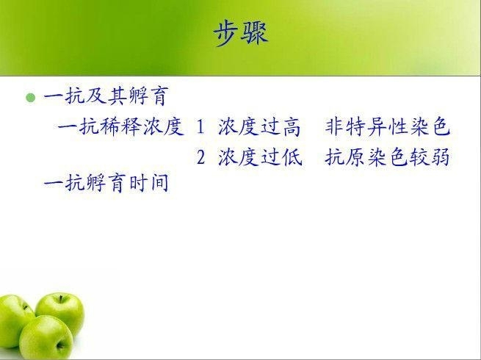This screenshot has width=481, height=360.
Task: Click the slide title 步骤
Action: tap(241, 34)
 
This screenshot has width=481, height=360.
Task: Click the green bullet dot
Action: tap(31, 98)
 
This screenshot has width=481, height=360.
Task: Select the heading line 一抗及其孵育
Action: tap(106, 96)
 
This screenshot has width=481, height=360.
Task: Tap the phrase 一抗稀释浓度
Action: tap(120, 126)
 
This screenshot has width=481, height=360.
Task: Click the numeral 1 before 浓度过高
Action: tap(200, 127)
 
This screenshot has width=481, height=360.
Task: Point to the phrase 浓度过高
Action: tap(259, 126)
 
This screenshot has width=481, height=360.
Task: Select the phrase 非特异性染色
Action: tap(388, 126)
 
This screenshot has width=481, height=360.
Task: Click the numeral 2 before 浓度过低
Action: tap(200, 157)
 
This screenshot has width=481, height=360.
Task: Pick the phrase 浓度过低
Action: tap(260, 156)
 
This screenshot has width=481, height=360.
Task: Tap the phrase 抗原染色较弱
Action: tap(388, 156)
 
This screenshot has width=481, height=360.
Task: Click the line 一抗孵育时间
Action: tap(106, 183)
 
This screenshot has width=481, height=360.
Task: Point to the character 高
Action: tap(292, 127)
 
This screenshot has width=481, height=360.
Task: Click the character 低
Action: tap(292, 156)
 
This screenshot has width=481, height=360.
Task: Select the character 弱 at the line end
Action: tap(440, 156)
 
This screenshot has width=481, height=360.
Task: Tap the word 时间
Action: tap(149, 183)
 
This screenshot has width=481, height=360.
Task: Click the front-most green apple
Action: tap(46, 338)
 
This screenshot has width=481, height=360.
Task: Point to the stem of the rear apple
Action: tap(61, 299)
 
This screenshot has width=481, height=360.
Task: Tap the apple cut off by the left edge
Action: tap(14, 321)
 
